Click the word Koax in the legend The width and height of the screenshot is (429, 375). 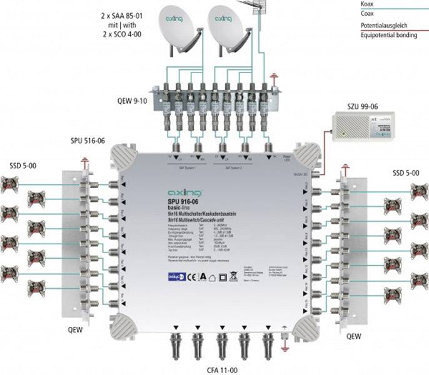pyautogui.click(x=368, y=3)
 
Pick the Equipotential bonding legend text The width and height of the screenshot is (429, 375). pyautogui.click(x=388, y=35)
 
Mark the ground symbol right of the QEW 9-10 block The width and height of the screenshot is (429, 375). pyautogui.click(x=275, y=79)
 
